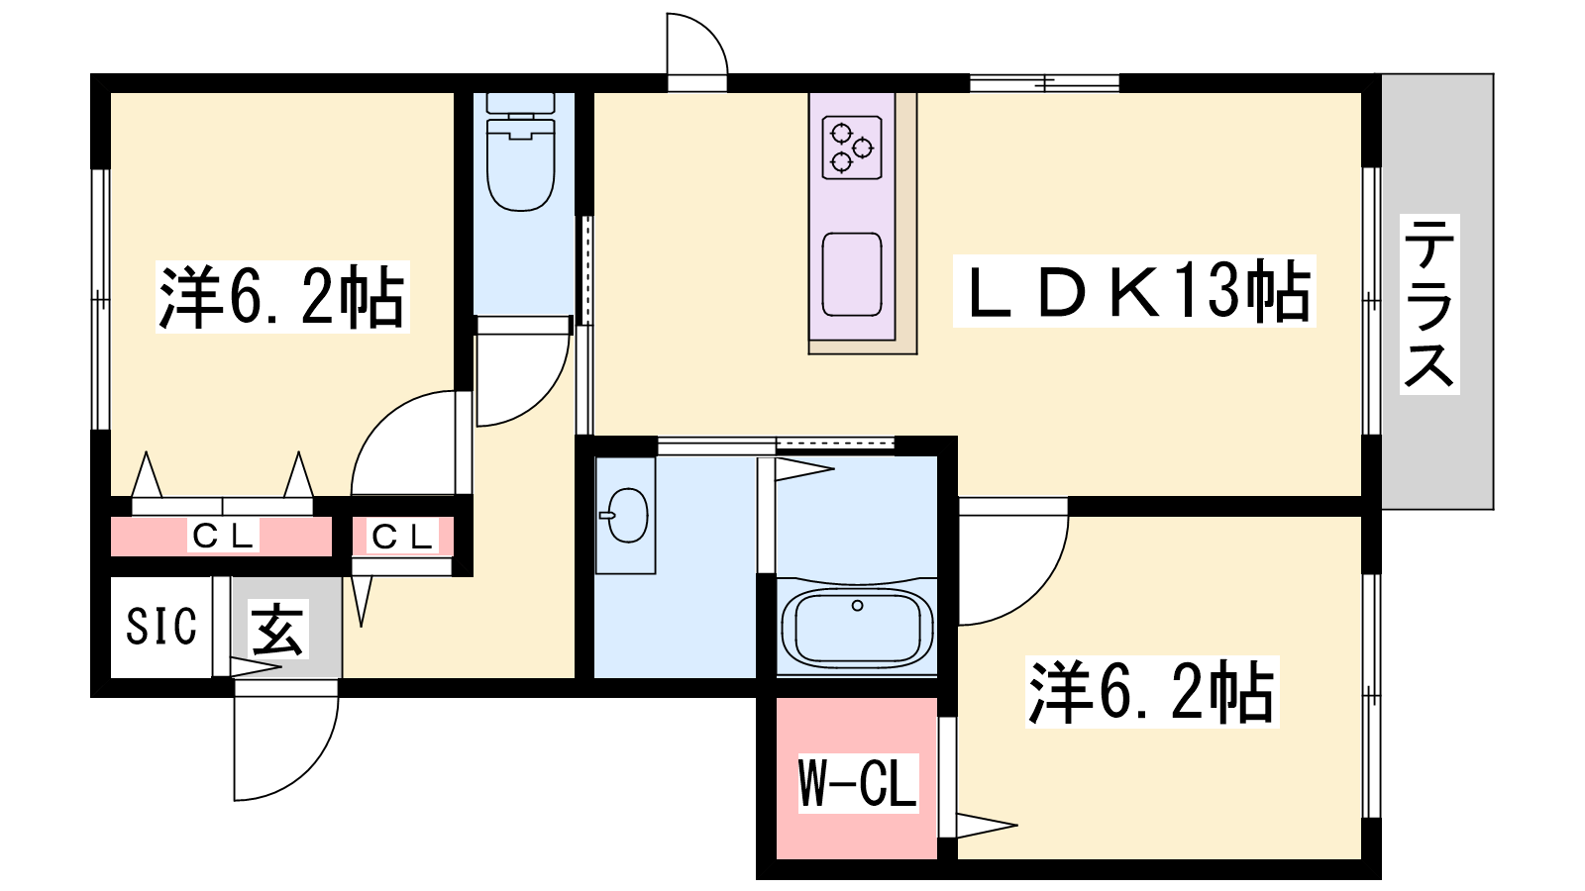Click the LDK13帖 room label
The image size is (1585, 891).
1134,291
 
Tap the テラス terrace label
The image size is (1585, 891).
1429,304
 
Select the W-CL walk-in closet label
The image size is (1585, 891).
858,783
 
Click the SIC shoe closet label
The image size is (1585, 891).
161,626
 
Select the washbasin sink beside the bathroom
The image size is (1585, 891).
625,516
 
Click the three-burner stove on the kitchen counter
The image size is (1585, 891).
852,148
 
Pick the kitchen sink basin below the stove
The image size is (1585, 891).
852,274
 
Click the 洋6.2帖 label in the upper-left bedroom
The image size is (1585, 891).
282,296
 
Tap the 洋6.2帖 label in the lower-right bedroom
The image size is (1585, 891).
1152,692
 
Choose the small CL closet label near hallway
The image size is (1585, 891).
402,537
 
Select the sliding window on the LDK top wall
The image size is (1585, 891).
1044,83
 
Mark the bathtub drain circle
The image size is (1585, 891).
858,605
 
